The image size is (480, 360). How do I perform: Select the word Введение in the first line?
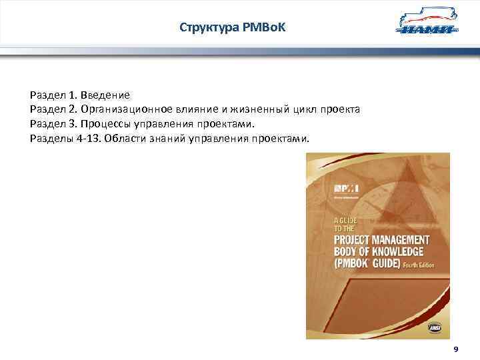point(107,95)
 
